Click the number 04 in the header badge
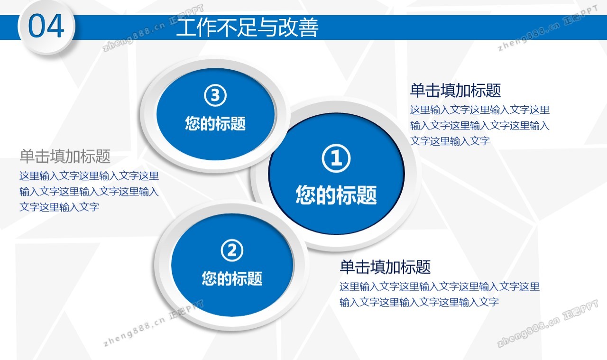pyautogui.click(x=46, y=26)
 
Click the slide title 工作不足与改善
pyautogui.click(x=247, y=28)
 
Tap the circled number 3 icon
pyautogui.click(x=215, y=95)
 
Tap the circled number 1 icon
pyautogui.click(x=336, y=158)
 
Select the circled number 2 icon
pyautogui.click(x=232, y=250)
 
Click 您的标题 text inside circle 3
pyautogui.click(x=215, y=123)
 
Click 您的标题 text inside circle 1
pyautogui.click(x=336, y=194)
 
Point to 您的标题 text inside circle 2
pyautogui.click(x=232, y=278)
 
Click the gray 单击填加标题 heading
pyautogui.click(x=65, y=156)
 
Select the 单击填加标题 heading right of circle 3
pyautogui.click(x=455, y=90)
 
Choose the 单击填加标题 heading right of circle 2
pyautogui.click(x=385, y=267)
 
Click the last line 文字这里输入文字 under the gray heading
pyautogui.click(x=59, y=207)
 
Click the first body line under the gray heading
pyautogui.click(x=89, y=176)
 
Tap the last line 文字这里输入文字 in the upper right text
pyautogui.click(x=450, y=141)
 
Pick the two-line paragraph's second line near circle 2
pyautogui.click(x=419, y=302)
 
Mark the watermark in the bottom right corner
pyautogui.click(x=548, y=323)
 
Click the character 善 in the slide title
pyautogui.click(x=309, y=28)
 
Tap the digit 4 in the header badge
pyautogui.click(x=55, y=26)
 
